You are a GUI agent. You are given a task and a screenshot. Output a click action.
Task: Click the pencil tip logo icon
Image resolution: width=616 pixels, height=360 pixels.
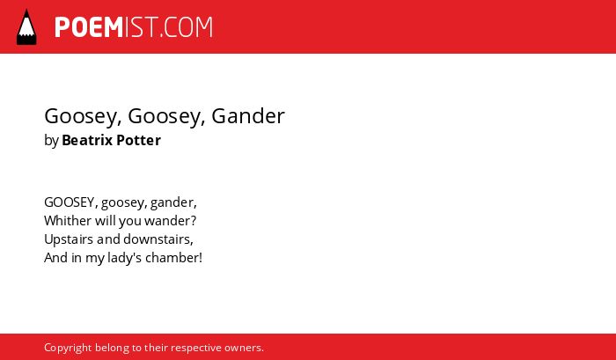pos(26,26)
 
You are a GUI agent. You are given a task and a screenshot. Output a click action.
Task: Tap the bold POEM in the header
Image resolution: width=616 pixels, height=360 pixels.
pos(89,27)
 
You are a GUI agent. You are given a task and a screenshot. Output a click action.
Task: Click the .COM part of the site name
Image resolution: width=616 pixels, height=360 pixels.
pos(187,27)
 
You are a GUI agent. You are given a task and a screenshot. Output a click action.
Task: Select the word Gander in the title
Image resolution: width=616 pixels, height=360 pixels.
pos(248,116)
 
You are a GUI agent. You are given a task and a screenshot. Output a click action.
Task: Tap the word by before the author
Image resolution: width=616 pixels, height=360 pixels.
pos(51,141)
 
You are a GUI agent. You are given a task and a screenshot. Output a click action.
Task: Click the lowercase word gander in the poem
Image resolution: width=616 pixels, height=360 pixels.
pos(173,202)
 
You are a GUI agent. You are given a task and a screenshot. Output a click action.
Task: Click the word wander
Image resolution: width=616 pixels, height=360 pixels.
pos(170,221)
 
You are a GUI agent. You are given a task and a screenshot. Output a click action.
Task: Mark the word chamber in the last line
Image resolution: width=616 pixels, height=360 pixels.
pos(173,258)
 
